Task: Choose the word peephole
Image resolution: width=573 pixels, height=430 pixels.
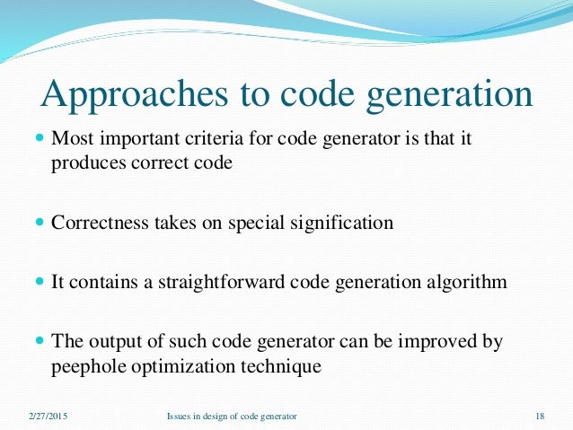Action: pos(88,364)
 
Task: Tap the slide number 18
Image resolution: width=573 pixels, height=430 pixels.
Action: pos(539,417)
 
